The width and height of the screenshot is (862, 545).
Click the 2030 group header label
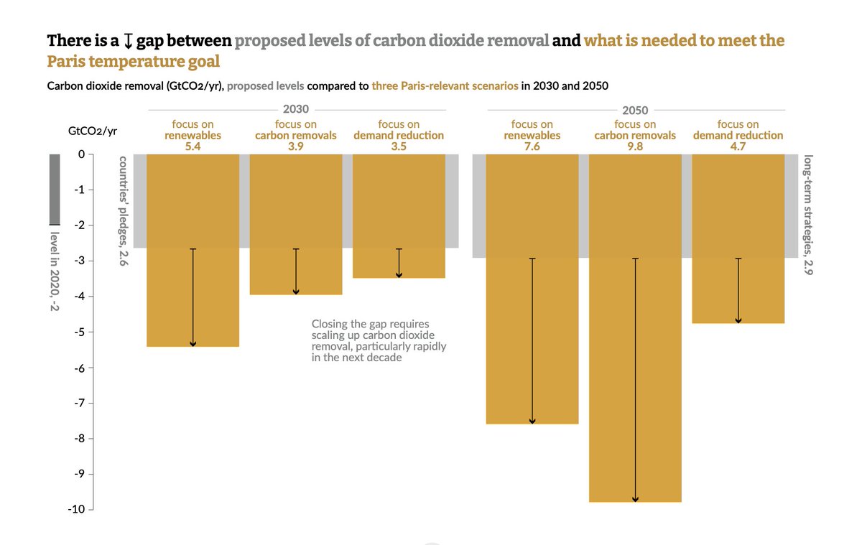(296, 110)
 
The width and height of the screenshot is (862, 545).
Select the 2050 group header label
(636, 111)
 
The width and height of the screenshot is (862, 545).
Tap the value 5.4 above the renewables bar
(193, 146)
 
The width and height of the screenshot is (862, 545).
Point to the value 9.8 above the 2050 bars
(636, 146)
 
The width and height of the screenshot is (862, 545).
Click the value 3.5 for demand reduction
(399, 146)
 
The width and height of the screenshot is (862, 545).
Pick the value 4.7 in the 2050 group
(738, 146)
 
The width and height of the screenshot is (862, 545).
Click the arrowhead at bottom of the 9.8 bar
(635, 498)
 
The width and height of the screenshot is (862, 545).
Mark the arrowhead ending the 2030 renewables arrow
(193, 343)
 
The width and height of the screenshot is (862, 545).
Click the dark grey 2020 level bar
(55, 190)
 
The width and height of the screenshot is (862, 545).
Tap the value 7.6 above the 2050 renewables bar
(532, 146)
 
